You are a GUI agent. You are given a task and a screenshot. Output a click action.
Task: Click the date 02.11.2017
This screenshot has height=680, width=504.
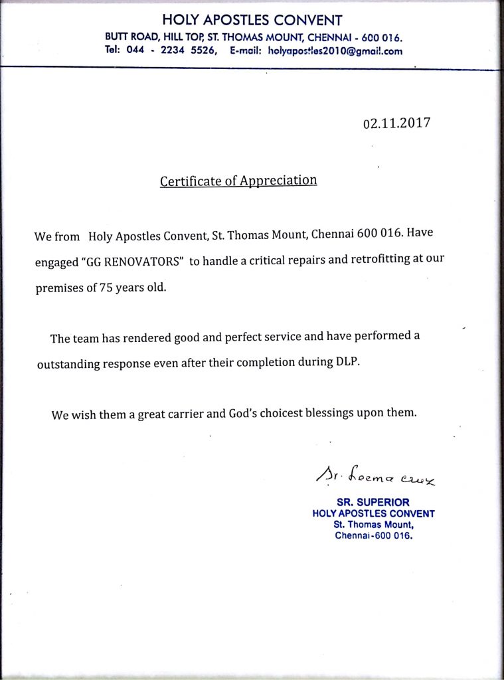[x=396, y=124]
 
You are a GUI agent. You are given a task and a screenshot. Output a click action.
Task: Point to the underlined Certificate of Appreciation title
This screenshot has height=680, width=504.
[x=238, y=181]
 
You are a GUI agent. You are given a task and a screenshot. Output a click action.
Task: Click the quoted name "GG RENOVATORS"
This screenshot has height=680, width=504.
[x=131, y=261]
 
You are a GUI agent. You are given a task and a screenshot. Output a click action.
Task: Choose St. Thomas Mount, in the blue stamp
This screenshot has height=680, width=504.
[x=373, y=525]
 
